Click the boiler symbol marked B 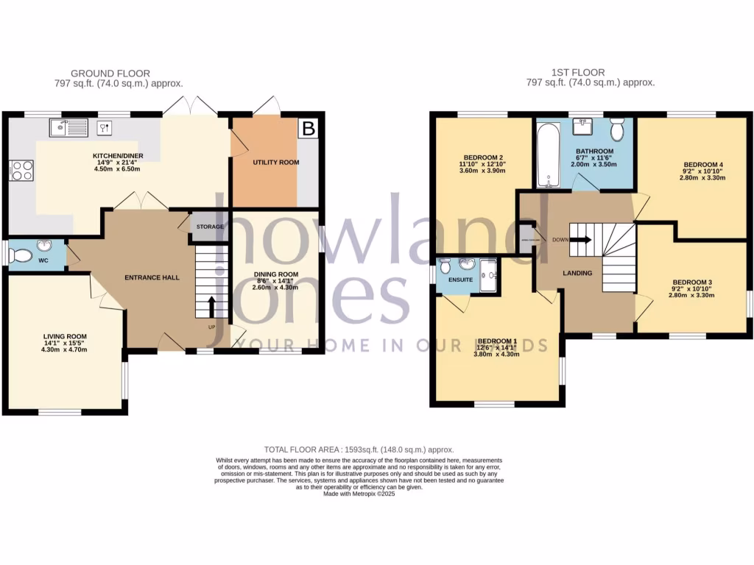(309, 129)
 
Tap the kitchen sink (68, 127)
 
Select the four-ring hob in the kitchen (21, 171)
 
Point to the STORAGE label (210, 227)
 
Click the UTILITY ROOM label (275, 162)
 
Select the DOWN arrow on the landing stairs (581, 239)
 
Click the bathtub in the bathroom (547, 157)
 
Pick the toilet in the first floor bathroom (617, 129)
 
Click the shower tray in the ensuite (489, 277)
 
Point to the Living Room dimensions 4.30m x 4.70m (65, 349)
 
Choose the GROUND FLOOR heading (110, 73)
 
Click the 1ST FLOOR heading (578, 72)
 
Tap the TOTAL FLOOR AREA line (359, 449)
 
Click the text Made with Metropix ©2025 (359, 494)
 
